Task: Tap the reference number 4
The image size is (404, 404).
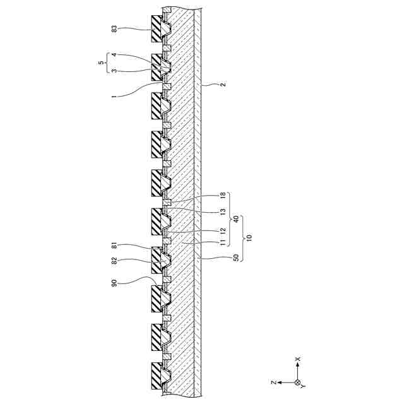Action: (x=114, y=56)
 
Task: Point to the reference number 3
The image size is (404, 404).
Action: (x=114, y=70)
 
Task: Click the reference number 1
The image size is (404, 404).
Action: (x=114, y=96)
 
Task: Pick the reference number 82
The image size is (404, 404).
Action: (x=114, y=261)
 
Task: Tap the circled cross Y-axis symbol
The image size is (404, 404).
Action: (x=298, y=383)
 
